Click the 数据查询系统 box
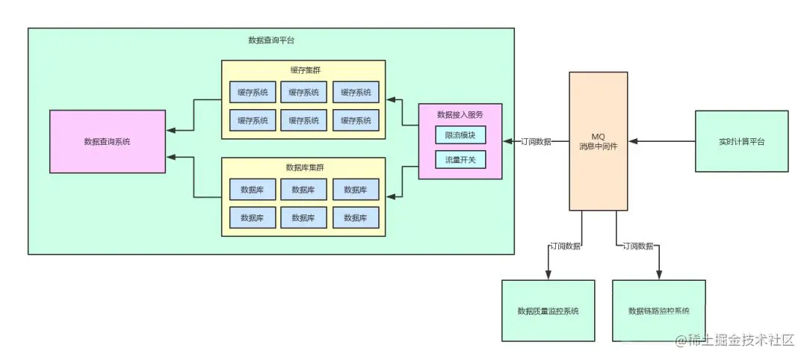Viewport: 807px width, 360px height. point(108,141)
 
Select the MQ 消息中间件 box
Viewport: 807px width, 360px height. point(598,141)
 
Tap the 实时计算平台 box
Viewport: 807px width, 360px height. point(742,141)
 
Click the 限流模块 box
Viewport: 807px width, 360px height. point(460,135)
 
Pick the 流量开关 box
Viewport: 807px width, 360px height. point(460,160)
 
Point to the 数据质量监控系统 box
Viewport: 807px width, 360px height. point(548,311)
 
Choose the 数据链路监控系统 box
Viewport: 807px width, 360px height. point(659,311)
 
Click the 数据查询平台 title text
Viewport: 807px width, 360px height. point(271,40)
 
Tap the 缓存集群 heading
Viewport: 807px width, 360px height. point(303,69)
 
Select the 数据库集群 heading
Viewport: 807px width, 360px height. point(303,167)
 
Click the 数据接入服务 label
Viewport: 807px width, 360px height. point(460,114)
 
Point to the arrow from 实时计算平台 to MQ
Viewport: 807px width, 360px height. point(661,141)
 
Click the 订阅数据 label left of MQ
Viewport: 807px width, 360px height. point(536,142)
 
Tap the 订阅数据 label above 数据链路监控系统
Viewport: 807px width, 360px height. point(638,246)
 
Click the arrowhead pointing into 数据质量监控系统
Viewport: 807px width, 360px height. point(548,276)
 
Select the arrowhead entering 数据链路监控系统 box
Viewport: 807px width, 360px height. point(659,276)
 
